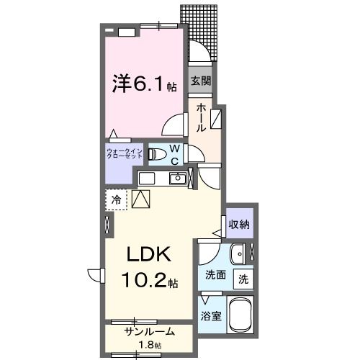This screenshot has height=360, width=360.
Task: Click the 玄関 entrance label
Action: point(200,81)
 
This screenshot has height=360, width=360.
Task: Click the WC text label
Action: point(175,155)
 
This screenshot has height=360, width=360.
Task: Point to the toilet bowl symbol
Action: point(155,154)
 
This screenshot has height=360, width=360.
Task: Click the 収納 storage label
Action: point(239,225)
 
